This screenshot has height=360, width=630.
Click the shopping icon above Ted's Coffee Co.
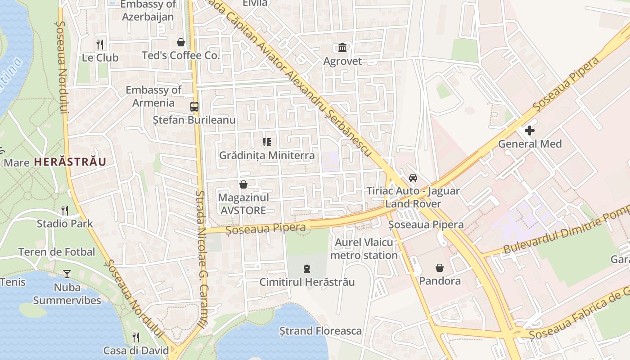181,42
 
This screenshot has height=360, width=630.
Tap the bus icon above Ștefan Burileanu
194,107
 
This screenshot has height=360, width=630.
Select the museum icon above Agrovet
342,47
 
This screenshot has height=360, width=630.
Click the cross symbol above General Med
530,130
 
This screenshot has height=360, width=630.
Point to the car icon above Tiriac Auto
413,177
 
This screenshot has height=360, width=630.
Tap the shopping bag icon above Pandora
440,268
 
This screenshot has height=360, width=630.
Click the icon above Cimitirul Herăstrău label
307,269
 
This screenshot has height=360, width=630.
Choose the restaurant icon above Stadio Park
65,210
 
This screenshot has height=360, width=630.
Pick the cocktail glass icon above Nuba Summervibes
67,274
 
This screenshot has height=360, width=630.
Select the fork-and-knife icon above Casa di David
136,337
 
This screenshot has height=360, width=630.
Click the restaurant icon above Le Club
100,44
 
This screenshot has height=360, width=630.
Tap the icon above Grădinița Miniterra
267,142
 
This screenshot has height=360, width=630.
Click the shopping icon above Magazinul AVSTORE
243,184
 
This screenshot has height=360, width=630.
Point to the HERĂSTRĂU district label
70,162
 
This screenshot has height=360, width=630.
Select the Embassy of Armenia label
153,96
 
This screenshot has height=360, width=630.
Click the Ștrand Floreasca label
320,331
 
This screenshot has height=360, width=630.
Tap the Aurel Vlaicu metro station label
364,249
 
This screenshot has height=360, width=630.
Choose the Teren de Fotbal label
57,252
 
